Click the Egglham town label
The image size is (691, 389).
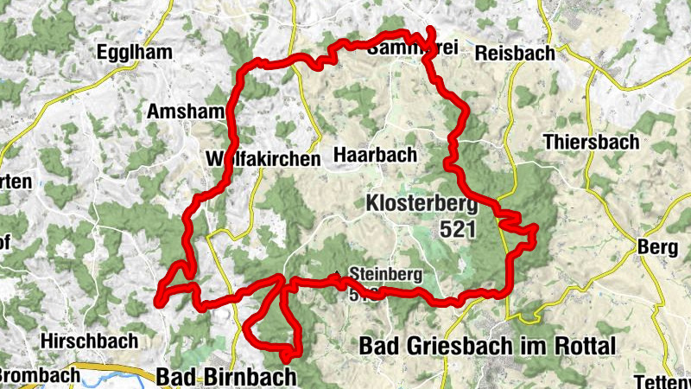pyautogui.click(x=134, y=52)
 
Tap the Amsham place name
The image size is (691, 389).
pyautogui.click(x=186, y=112)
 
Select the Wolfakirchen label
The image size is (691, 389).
pyautogui.click(x=263, y=159)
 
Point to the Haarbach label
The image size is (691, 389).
pyautogui.click(x=375, y=155)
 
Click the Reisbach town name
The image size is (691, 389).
pyautogui.click(x=515, y=53)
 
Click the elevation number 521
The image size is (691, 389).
pyautogui.click(x=460, y=229)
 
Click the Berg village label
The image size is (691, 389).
pyautogui.click(x=656, y=248)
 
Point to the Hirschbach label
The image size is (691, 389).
pyautogui.click(x=89, y=341)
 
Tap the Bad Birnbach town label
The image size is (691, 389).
pyautogui.click(x=226, y=377)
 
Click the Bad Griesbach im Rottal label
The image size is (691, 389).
pyautogui.click(x=487, y=347)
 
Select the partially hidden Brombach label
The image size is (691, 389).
pyautogui.click(x=40, y=377)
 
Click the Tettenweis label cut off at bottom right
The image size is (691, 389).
pyautogui.click(x=662, y=382)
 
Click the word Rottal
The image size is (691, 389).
pyautogui.click(x=585, y=347)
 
